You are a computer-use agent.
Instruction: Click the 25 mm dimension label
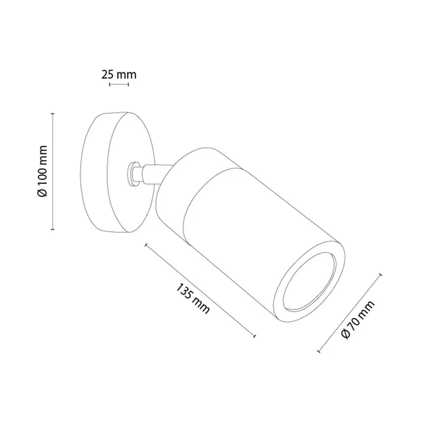point(119,75)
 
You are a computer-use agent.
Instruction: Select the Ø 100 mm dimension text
point(43,172)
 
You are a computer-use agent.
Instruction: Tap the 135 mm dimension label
point(192,298)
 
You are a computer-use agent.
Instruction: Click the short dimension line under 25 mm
point(119,85)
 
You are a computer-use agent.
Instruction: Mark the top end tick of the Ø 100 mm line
point(53,114)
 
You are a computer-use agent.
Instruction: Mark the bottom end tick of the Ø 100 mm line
point(53,229)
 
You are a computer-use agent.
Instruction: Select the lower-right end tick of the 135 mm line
point(254,336)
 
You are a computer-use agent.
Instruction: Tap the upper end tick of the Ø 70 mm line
point(380,275)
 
